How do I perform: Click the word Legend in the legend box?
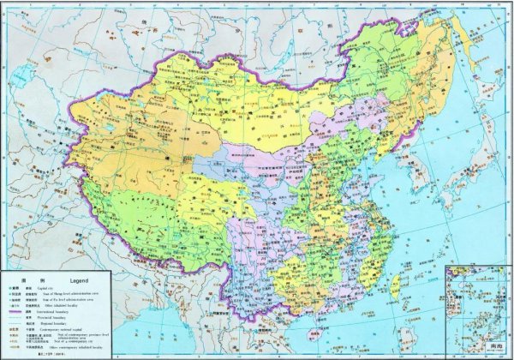click(x=79, y=281)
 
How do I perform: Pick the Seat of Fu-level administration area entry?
click(x=68, y=300)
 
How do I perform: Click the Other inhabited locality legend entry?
click(x=61, y=306)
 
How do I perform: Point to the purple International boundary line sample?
click(x=15, y=312)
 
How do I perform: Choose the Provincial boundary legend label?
click(x=51, y=318)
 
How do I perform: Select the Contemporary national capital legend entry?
click(x=61, y=330)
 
